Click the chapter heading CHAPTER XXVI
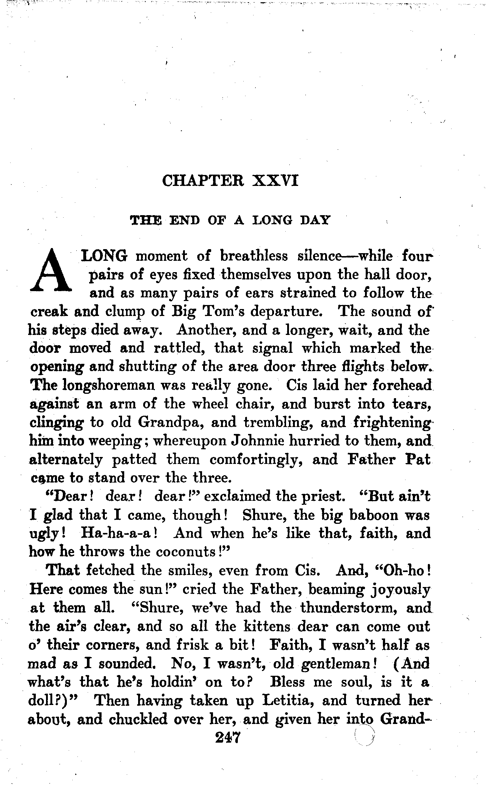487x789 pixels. pos(231,180)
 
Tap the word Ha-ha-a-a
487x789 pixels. pos(118,533)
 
